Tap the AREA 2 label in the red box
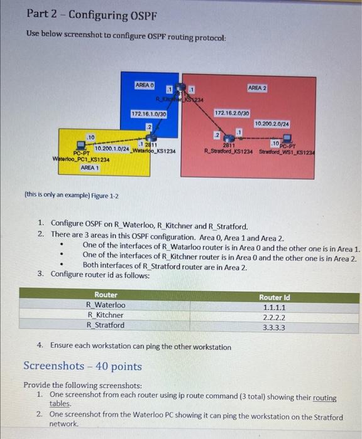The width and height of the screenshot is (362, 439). pyautogui.click(x=258, y=88)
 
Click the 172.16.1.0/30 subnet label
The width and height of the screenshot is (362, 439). pyautogui.click(x=149, y=114)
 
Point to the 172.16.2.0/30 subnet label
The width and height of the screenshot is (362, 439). pyautogui.click(x=232, y=113)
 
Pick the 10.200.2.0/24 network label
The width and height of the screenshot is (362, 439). pyautogui.click(x=271, y=124)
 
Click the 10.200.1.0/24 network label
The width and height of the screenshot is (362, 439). pyautogui.click(x=111, y=148)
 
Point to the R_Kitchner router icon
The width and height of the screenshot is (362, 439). pyautogui.click(x=181, y=90)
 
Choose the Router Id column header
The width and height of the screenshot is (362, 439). pyautogui.click(x=274, y=297)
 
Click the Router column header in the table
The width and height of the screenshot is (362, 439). pyautogui.click(x=106, y=295)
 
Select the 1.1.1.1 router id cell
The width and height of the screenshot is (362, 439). pyautogui.click(x=274, y=307)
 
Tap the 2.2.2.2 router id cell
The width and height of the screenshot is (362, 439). pyautogui.click(x=274, y=317)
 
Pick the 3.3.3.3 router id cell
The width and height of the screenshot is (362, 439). pyautogui.click(x=274, y=327)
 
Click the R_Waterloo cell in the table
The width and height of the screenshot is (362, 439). pyautogui.click(x=106, y=305)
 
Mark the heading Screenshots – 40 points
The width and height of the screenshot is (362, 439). pyautogui.click(x=82, y=366)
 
